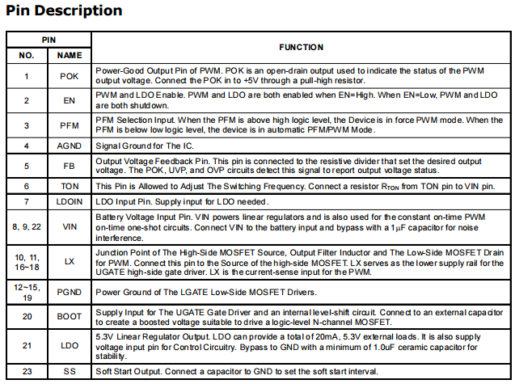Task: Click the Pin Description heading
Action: coord(64,11)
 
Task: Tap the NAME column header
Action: coord(70,55)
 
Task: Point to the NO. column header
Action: coord(27,55)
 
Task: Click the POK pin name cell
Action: coord(70,76)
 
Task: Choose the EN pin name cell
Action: coord(70,100)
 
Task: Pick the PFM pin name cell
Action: coord(70,124)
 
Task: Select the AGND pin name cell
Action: coord(70,146)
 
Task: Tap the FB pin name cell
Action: coord(70,166)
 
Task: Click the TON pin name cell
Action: coord(70,185)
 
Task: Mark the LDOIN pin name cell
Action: coord(70,200)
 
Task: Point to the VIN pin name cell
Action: coord(70,227)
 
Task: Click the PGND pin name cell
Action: coord(70,292)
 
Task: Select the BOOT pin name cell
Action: coord(70,317)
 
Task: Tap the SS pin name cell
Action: coord(70,371)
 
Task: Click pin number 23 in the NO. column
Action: coord(27,371)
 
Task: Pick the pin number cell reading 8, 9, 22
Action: coord(27,227)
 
